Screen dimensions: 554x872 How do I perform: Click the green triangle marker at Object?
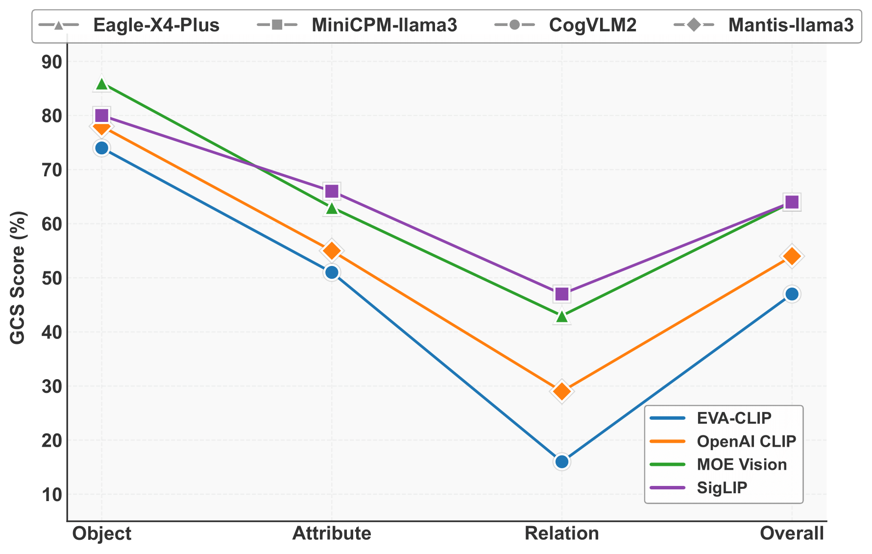(101, 84)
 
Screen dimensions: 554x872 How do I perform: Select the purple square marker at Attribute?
(332, 191)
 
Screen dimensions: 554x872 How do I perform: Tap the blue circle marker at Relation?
(562, 461)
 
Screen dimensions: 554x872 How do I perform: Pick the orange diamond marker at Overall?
(792, 256)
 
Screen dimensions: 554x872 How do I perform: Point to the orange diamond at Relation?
(562, 391)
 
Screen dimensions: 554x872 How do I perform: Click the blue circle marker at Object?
(101, 148)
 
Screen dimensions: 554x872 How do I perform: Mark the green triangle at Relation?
(562, 316)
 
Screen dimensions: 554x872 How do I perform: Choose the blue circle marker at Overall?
(792, 294)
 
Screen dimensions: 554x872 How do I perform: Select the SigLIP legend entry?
(722, 488)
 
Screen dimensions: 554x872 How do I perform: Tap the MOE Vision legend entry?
(742, 464)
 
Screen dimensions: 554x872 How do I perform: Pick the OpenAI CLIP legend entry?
(746, 441)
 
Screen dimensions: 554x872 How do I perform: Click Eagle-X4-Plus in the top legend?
(156, 24)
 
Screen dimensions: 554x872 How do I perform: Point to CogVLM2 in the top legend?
(593, 24)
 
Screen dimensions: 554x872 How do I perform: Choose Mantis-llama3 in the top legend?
(791, 24)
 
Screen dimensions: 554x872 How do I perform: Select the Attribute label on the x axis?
(332, 533)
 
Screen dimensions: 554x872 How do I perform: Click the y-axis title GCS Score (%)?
(18, 278)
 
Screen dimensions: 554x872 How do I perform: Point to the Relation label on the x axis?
(562, 533)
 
